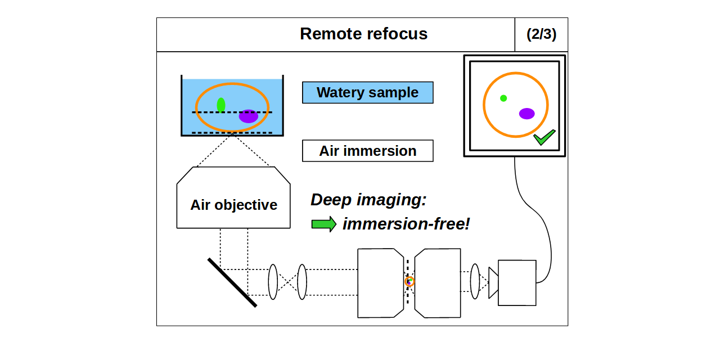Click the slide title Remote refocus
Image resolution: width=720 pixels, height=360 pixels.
[363, 34]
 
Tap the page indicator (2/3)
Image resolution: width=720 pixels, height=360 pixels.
[541, 34]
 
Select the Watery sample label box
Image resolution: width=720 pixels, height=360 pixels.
[367, 93]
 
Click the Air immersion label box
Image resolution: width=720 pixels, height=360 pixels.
[367, 151]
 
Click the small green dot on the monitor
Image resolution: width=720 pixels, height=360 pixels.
[503, 98]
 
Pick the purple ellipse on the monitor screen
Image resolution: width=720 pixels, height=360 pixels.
[526, 114]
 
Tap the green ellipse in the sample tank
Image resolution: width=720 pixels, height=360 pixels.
[221, 105]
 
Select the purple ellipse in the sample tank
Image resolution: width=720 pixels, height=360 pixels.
[248, 116]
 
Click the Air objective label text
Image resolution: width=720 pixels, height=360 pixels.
[233, 205]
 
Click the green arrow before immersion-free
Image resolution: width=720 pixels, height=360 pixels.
[323, 224]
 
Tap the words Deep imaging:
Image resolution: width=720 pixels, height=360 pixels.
[368, 200]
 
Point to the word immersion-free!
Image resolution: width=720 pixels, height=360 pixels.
[406, 224]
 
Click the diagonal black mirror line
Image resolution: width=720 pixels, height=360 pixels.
[232, 282]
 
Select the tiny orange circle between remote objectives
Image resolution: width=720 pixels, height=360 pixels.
[409, 281]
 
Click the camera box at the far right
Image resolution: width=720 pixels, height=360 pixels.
[516, 283]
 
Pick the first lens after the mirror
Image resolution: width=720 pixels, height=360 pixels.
[273, 282]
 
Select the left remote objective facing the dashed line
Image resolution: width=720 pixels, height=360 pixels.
[380, 283]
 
